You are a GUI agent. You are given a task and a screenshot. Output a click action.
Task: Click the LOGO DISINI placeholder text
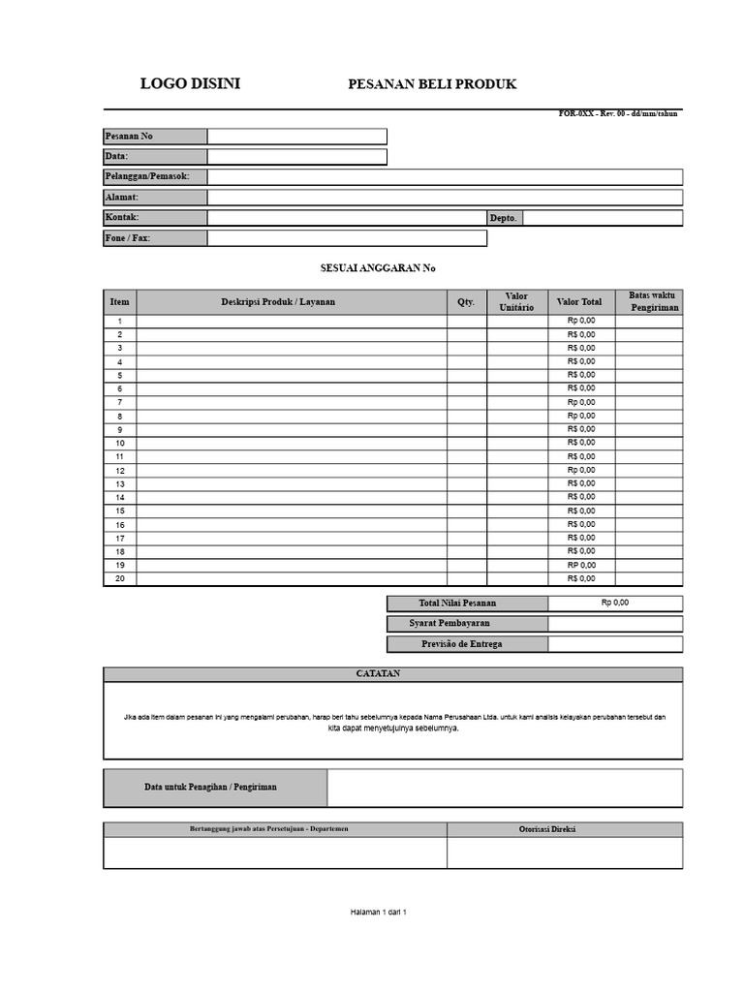tap(190, 84)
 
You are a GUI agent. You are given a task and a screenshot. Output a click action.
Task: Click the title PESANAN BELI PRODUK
tap(432, 84)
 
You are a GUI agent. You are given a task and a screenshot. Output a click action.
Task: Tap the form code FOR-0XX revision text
tap(619, 114)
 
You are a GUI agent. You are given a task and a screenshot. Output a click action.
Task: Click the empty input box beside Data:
tap(296, 157)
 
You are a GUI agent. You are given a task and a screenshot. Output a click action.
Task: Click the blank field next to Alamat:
tap(445, 198)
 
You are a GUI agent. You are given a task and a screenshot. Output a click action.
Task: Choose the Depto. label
tap(504, 219)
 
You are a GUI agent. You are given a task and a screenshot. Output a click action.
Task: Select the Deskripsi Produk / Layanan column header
tap(278, 302)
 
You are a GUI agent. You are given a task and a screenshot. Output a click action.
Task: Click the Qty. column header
tap(466, 302)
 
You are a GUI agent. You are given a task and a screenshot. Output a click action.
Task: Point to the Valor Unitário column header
tap(516, 302)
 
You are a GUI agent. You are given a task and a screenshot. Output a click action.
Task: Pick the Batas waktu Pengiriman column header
tap(654, 301)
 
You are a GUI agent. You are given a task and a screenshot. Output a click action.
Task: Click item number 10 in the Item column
tap(120, 443)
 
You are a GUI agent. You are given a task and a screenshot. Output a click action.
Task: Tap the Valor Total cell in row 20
tap(581, 579)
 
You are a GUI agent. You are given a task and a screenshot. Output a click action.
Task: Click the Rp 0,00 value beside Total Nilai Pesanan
tap(614, 603)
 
